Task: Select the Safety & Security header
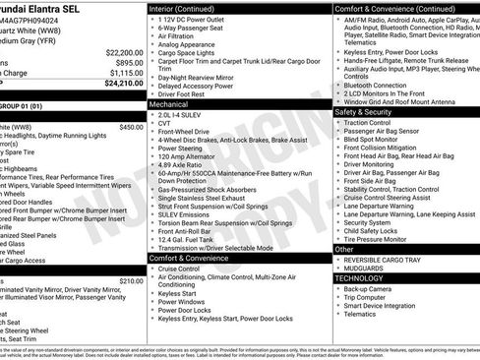point(364,111)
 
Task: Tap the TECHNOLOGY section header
point(361,278)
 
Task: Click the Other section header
point(344,249)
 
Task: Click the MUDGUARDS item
point(365,268)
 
